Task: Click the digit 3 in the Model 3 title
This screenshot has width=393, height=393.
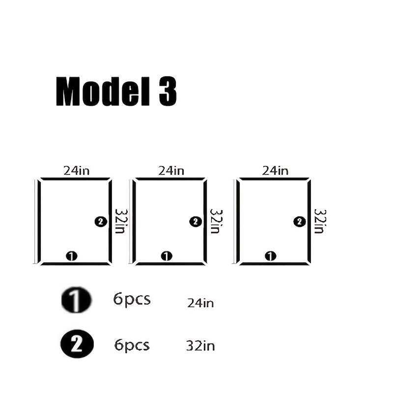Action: coord(168,91)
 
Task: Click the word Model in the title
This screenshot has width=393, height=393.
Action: coord(103,91)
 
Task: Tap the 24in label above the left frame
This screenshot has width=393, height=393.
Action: coord(77,170)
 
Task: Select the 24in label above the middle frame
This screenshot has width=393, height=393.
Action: coord(171,170)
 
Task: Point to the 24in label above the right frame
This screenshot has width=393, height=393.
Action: coord(275,170)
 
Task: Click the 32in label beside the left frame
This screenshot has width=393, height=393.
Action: coord(121,222)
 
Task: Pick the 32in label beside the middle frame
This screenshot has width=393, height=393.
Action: coord(216,222)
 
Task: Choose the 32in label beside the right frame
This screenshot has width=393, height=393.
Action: coord(320,222)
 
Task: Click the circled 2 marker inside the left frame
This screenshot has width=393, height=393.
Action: coord(101,222)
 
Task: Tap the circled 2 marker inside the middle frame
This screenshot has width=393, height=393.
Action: coord(196,222)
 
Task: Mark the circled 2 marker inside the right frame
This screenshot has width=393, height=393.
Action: coord(300,222)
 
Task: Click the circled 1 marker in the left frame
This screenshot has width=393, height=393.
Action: coord(72,256)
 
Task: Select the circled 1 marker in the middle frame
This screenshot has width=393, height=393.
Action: coord(167,256)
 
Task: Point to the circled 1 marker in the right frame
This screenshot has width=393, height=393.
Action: coord(271,256)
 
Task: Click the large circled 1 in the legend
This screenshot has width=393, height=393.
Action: coord(77,300)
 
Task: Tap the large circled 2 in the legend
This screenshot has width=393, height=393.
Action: coord(77,343)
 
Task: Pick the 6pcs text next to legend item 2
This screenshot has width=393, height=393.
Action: coord(132,346)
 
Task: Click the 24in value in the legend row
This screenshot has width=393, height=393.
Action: coord(200,303)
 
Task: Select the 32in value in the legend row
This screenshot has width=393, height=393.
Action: coord(200,346)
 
